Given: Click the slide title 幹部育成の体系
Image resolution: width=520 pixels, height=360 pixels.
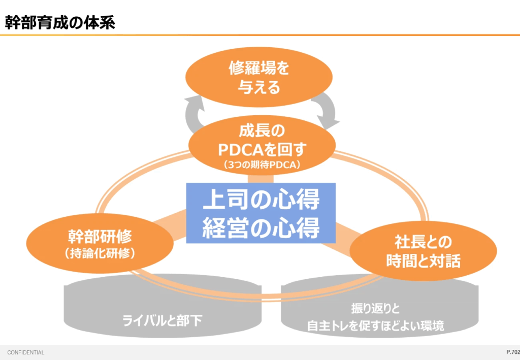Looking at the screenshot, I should click(60, 23).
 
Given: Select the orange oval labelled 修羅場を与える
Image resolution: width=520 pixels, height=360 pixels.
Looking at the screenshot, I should click(259, 77).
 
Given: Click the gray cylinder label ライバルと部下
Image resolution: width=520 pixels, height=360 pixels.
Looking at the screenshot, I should click(162, 320).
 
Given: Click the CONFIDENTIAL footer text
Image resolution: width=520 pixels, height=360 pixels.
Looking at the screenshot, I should click(25, 352).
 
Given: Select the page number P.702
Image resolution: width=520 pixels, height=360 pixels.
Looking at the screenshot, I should click(512, 352).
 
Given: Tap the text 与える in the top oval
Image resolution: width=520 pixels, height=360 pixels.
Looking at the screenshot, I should click(259, 87).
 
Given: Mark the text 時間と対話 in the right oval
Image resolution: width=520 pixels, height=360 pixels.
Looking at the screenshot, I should click(423, 261).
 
